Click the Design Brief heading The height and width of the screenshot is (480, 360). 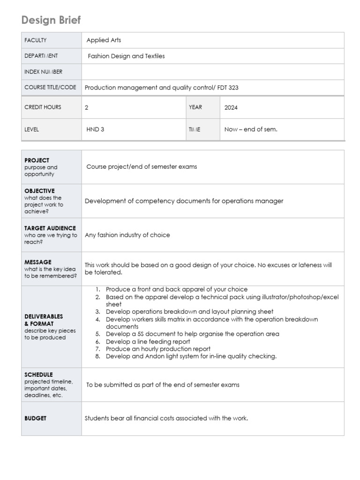pos(51,20)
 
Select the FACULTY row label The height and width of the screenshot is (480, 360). pos(36,40)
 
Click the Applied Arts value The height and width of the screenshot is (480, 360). pos(104,40)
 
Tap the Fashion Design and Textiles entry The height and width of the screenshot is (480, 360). pos(127,56)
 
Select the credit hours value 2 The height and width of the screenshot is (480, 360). pos(87,107)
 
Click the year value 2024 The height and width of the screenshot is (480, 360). pos(231,107)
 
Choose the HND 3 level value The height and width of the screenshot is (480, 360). pos(96,129)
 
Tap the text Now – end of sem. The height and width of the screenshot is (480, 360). pos(251,129)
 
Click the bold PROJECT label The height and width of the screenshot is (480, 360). pos(37,160)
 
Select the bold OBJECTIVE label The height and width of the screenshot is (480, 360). pos(39,191)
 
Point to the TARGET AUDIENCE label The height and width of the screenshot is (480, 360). pos(50,228)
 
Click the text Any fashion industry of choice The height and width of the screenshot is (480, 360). pos(127,235)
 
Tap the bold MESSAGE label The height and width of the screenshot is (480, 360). pos(38,262)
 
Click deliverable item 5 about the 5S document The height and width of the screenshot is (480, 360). pos(192,334)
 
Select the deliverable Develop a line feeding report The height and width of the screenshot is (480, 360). pos(148,342)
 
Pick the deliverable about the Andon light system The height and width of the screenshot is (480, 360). pos(191,356)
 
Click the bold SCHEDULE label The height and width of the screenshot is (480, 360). pos(38,375)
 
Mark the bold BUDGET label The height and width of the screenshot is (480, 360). pos(35,418)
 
